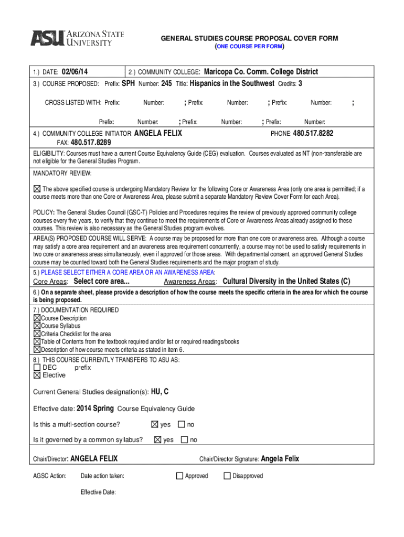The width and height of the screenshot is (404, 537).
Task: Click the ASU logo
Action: (x=77, y=38)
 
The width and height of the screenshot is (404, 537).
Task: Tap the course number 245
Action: (x=166, y=83)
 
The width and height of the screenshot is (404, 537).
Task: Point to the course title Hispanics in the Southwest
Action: (x=232, y=83)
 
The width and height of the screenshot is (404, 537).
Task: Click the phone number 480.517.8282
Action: (x=313, y=133)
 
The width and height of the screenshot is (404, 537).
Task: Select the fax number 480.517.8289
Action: (x=91, y=142)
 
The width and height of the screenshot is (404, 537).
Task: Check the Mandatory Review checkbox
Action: (x=37, y=189)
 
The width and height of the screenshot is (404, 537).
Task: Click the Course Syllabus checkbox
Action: (x=37, y=326)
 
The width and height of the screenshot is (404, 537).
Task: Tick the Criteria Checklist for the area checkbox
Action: (x=37, y=334)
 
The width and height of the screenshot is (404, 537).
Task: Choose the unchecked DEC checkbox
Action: (x=37, y=368)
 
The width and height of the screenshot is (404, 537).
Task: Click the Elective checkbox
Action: (x=37, y=375)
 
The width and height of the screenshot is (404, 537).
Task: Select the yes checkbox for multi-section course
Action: (x=154, y=424)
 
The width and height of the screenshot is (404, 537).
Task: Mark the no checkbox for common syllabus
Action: (x=184, y=439)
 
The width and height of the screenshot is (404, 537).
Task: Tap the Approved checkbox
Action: (x=179, y=476)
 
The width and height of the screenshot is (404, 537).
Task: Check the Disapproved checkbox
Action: (x=227, y=476)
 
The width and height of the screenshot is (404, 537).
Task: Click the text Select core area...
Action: (x=101, y=282)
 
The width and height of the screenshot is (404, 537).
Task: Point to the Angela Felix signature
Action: (x=280, y=459)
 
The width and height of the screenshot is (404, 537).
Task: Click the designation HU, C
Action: (x=160, y=392)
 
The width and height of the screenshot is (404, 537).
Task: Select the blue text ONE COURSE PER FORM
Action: (x=249, y=47)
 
